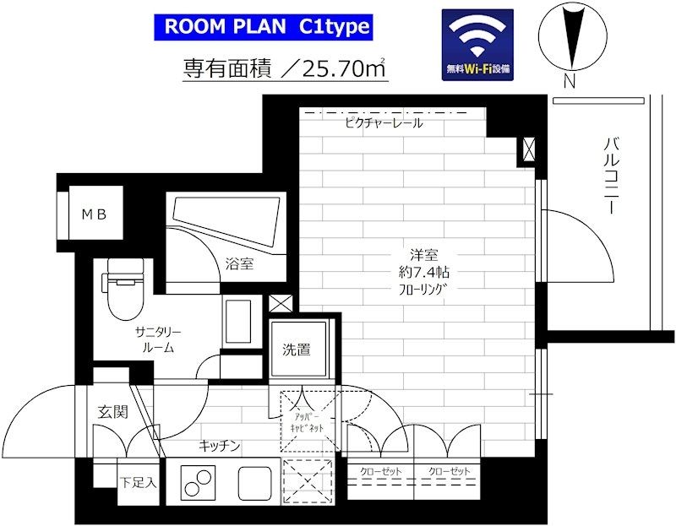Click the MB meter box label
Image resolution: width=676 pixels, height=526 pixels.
click(x=93, y=214)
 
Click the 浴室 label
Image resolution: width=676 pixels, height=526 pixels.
click(x=240, y=264)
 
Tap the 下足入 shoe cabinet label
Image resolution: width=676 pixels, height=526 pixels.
click(x=137, y=483)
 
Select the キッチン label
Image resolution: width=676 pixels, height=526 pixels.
click(x=221, y=445)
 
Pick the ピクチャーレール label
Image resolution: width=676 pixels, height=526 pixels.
click(x=384, y=123)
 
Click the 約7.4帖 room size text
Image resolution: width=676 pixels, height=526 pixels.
click(x=424, y=272)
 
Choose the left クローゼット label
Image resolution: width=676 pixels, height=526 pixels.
click(x=380, y=471)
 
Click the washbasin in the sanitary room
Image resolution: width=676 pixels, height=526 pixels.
click(x=239, y=322)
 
